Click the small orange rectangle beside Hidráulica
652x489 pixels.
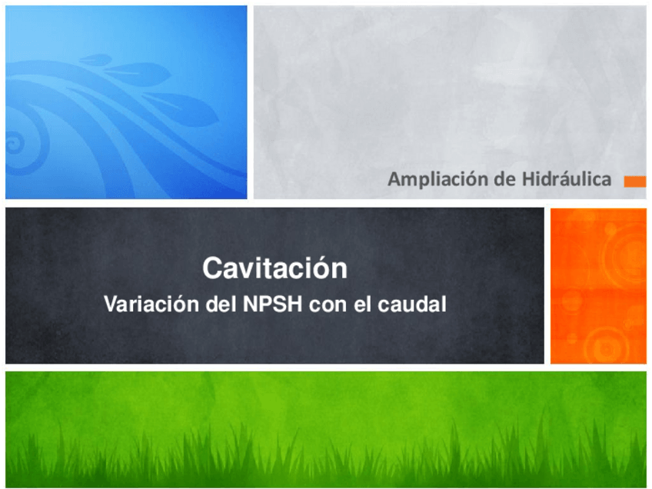634,181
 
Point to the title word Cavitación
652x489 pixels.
274,269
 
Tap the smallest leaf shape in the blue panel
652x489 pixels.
95,59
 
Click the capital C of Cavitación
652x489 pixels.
211,269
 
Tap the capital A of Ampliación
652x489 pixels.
394,180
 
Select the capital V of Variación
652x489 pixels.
110,304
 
